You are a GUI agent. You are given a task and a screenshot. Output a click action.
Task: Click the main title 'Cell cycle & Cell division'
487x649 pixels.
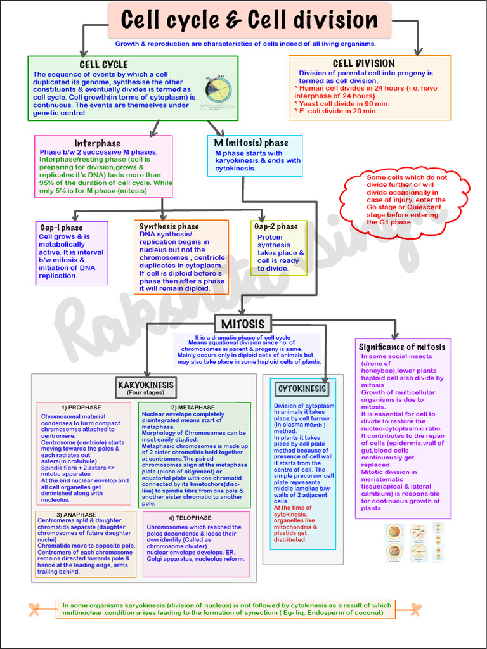[x=249, y=20]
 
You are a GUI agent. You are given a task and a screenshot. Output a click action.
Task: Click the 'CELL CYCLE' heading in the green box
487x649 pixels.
[x=103, y=65]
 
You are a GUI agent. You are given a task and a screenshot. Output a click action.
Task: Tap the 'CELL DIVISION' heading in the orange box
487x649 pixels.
[x=363, y=63]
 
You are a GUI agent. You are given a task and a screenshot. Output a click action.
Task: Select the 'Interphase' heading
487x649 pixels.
[x=97, y=143]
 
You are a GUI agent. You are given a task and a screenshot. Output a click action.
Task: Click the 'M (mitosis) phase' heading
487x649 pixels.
[x=251, y=143]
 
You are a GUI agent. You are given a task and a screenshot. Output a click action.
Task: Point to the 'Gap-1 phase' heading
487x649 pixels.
[x=62, y=228]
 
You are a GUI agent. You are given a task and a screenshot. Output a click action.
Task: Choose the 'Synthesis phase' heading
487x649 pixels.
[x=169, y=226]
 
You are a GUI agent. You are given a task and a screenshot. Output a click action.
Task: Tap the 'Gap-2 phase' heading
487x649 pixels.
[x=276, y=226]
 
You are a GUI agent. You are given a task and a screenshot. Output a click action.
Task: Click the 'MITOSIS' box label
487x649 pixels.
[x=243, y=324]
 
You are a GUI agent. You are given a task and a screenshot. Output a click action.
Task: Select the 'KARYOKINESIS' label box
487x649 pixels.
[x=145, y=385]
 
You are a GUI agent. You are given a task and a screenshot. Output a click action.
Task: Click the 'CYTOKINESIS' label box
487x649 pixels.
[x=302, y=389]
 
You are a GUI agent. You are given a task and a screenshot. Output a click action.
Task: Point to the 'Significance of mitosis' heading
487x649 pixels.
[x=402, y=347]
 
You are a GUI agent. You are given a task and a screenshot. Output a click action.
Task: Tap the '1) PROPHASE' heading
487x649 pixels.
[x=81, y=407]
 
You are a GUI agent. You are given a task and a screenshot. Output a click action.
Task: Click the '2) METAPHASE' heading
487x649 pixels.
[x=193, y=407]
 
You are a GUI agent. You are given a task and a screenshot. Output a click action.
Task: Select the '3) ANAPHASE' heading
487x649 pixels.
[x=76, y=515]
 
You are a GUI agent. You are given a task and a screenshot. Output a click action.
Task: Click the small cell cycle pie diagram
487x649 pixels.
[x=218, y=89]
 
